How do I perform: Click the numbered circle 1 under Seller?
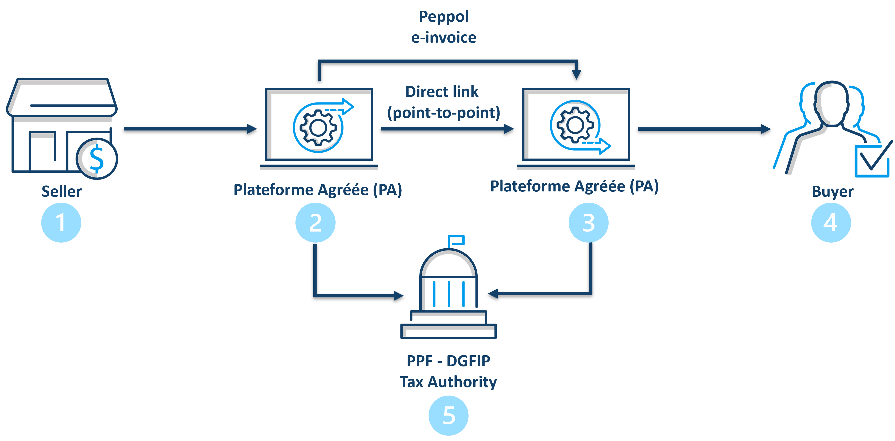[61, 223]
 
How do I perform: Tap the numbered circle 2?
[315, 223]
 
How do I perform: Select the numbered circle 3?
[589, 223]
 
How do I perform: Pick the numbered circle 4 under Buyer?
[831, 223]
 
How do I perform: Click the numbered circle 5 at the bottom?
[449, 415]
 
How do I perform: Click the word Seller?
[62, 191]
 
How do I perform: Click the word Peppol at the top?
[444, 17]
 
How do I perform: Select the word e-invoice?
[444, 37]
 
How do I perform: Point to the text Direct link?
[442, 92]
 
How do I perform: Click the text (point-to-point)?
[444, 113]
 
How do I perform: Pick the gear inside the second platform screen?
[575, 125]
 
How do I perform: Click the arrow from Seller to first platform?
[190, 129]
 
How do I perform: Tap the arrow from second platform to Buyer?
[705, 129]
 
